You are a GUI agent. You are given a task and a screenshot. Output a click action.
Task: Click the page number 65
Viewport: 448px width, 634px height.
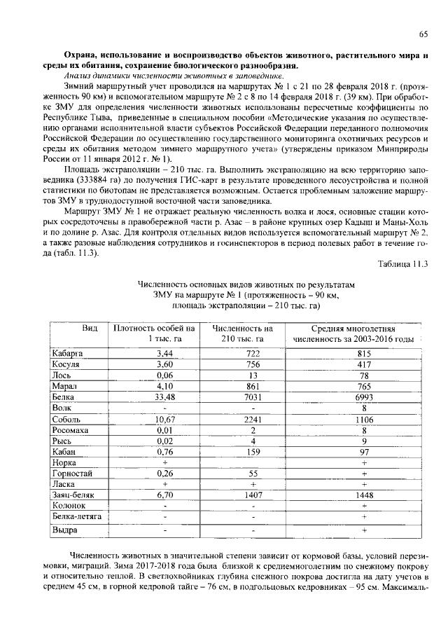pos(423,34)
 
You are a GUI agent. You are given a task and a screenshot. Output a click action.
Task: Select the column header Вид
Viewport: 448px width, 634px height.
pos(89,329)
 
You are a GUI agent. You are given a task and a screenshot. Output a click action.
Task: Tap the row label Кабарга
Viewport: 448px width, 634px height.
pos(68,353)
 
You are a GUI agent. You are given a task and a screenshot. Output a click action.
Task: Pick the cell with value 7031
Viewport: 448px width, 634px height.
pos(253,396)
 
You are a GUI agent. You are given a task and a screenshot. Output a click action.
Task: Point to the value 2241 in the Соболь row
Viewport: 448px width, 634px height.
pos(253,418)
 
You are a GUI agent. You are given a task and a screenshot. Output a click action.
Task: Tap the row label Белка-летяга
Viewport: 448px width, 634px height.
pos(77,516)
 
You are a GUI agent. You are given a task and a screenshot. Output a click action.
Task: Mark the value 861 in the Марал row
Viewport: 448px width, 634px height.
pos(253,385)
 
